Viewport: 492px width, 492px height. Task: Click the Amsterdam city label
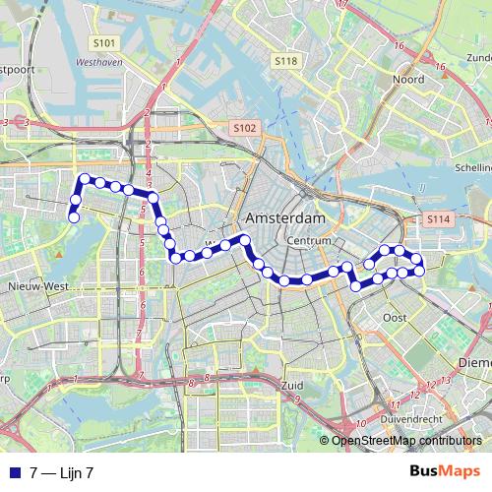(x=285, y=217)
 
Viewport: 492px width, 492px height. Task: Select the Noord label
(x=407, y=79)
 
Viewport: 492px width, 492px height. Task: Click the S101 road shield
(x=105, y=43)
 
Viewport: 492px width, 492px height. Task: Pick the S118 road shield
(x=285, y=61)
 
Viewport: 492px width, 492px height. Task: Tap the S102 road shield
(x=244, y=128)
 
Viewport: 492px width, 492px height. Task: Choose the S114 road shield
(x=438, y=218)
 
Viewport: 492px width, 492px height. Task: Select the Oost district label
(x=395, y=317)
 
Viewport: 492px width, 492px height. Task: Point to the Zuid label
(x=292, y=385)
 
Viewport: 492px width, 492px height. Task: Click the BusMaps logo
(x=446, y=473)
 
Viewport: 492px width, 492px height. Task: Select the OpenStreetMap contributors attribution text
(x=409, y=441)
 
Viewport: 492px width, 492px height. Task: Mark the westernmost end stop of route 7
(x=73, y=216)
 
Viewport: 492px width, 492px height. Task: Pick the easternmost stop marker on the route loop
(x=420, y=269)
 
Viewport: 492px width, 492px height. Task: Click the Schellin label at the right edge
(x=472, y=167)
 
